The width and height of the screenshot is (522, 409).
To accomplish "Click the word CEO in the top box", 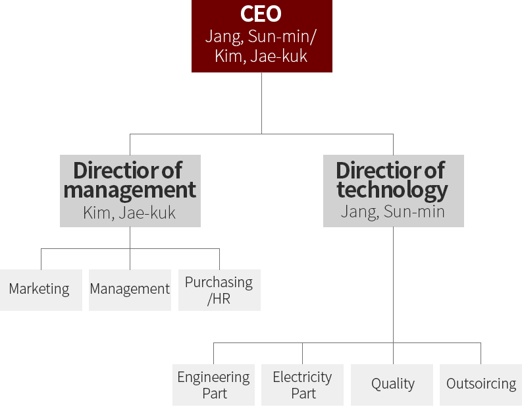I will coord(261,14).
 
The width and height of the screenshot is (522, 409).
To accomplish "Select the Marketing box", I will coord(41,290).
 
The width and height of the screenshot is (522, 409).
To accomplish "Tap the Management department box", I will coord(130,290).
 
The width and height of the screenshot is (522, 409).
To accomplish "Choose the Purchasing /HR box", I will coord(219,290).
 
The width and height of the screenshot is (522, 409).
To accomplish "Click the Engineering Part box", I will coord(213,385).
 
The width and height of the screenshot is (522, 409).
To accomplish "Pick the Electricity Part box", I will coord(302,385).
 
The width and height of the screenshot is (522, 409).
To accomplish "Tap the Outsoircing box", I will coord(481,385).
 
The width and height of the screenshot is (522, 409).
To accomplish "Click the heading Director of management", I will coord(130,180).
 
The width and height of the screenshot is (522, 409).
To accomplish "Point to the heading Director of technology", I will coord(392,180).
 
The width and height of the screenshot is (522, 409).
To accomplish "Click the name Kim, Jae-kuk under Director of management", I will coord(130,213).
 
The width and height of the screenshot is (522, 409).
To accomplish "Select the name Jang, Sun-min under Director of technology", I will coord(392,211).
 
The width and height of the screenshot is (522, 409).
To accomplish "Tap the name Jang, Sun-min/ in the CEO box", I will coord(261,36).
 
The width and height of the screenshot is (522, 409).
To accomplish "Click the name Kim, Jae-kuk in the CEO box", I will coord(261,56).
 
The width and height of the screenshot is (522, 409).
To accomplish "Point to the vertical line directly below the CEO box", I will coord(261,102).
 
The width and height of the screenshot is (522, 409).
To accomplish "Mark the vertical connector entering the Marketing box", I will coord(41,259).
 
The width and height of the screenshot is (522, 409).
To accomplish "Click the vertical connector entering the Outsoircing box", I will coord(481,354).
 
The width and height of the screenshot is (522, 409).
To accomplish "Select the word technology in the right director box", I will coord(392,190).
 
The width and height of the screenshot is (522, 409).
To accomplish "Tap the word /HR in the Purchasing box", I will coord(219,298).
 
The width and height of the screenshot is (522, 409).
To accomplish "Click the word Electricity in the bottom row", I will coord(302,377).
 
